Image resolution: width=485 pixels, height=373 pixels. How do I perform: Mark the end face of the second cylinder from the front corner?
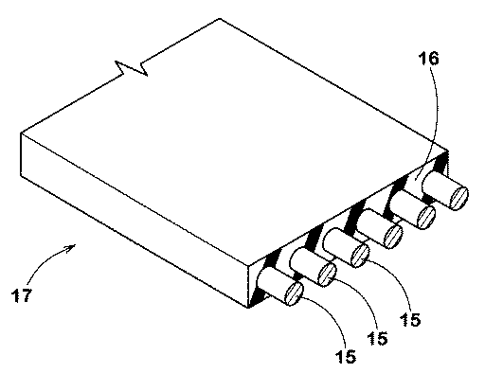click(325, 275)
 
